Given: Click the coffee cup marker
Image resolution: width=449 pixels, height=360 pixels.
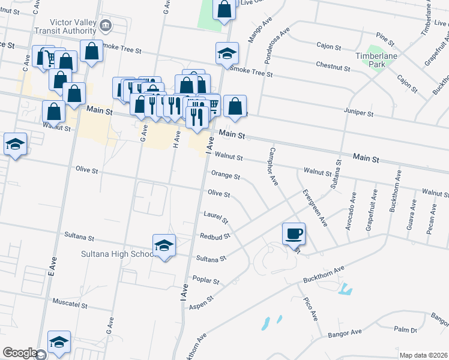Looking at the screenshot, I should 294,233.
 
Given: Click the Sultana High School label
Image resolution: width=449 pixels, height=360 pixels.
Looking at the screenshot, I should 118,254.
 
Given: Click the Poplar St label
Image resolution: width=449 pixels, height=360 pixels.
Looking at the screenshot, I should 206,280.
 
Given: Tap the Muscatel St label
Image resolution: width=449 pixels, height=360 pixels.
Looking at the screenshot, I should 70,304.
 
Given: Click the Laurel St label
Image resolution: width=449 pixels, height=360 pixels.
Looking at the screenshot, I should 216,215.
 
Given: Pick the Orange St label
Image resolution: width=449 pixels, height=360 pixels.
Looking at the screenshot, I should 225,176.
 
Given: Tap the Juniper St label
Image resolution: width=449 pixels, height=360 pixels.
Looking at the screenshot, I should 358,112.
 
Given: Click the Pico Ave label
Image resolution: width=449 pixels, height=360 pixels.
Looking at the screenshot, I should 310,310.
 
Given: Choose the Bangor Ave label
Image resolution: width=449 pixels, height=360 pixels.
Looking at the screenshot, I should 345,332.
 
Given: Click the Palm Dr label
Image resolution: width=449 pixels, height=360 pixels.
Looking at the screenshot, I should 406,329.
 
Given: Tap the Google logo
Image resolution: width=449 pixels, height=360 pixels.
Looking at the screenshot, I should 20,353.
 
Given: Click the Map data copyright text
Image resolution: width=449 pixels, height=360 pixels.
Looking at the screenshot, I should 423,355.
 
